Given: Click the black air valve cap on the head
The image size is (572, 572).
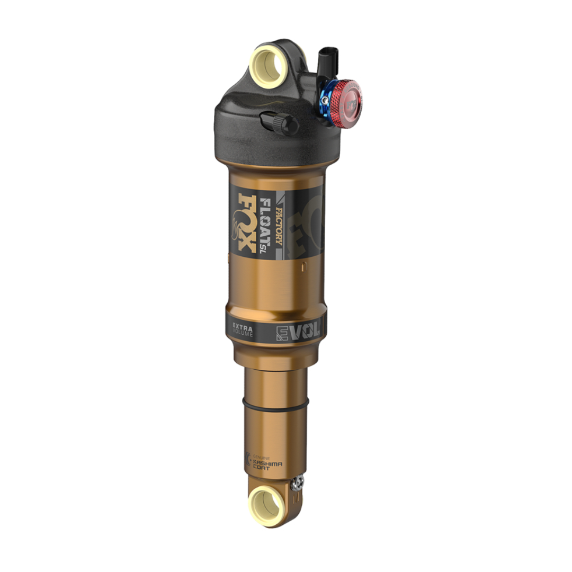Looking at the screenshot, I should point(279,124).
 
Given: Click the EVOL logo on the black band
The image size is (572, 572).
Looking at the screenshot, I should point(299,331).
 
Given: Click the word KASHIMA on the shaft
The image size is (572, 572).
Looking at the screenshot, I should point(269,463).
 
